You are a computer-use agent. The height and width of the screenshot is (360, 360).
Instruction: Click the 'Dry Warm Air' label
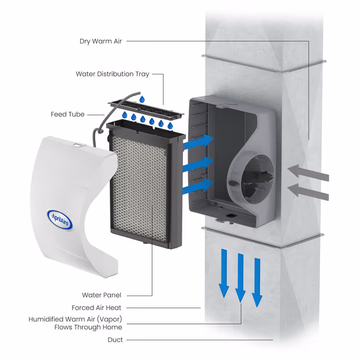tap(102, 41)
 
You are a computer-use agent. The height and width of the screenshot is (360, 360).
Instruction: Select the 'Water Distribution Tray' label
tap(113, 74)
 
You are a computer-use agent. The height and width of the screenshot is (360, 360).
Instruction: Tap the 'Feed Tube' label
tap(67, 114)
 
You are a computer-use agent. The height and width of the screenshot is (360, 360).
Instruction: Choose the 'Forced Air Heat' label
tap(97, 308)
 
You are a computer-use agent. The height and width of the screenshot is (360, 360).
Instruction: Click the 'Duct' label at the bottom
tap(115, 340)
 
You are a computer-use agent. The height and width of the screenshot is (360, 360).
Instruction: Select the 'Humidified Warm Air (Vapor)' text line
tap(75, 319)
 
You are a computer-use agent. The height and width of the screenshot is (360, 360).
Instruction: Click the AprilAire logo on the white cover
tap(60, 219)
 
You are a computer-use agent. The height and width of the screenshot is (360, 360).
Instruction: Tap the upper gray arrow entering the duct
tap(308, 172)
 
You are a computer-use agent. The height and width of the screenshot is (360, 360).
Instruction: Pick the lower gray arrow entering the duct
tap(308, 190)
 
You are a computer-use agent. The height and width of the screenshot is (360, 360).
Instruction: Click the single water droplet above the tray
tap(141, 100)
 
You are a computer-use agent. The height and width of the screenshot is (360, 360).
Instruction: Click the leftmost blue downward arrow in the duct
tap(224, 272)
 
